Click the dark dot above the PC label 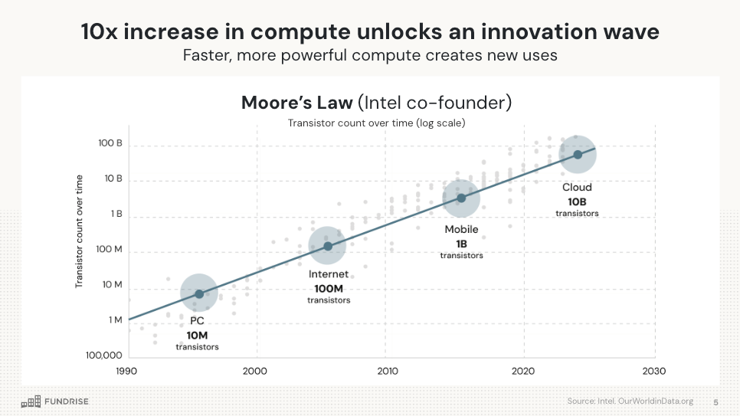click(199, 294)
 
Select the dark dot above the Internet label click(328, 246)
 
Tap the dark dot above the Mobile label click(461, 198)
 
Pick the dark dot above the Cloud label click(578, 155)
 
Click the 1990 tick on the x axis click(127, 371)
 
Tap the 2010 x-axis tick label click(388, 371)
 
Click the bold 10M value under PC click(197, 335)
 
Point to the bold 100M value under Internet click(329, 288)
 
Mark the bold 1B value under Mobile click(461, 244)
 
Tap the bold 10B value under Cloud click(577, 201)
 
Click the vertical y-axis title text click(79, 231)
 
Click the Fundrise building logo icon click(31, 401)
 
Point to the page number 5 click(715, 401)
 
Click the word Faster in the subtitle click(206, 56)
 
